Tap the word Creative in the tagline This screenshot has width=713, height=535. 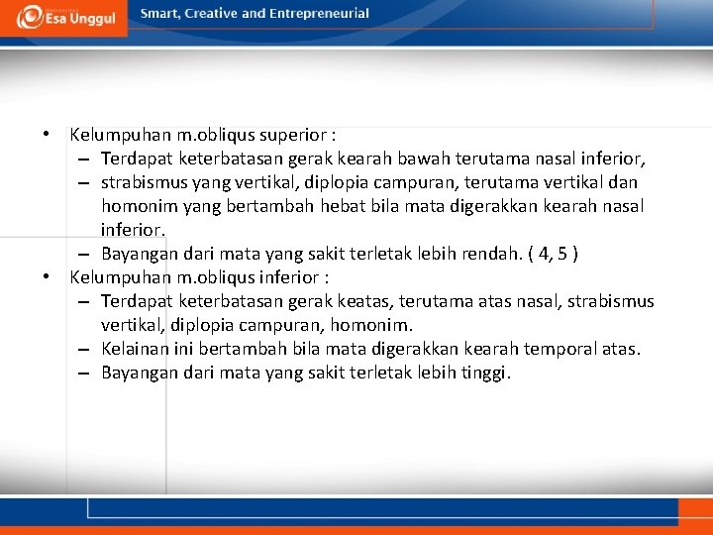pos(209,14)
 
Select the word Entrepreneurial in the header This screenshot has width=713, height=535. pos(319,14)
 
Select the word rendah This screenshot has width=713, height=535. pos(482,254)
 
